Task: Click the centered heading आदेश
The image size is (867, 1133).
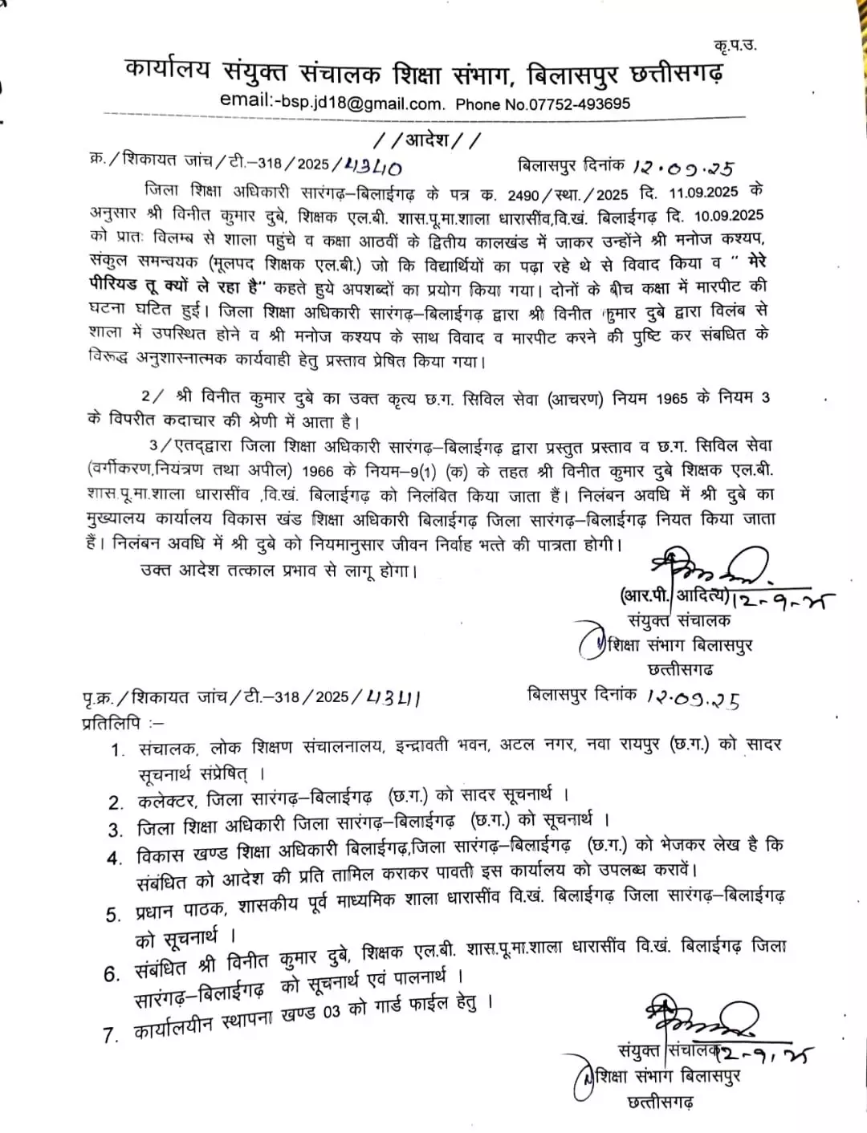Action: point(429,140)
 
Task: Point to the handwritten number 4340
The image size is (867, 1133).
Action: point(372,165)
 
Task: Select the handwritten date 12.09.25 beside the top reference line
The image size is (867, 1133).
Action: point(683,168)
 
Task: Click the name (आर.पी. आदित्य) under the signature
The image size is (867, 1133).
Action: point(675,595)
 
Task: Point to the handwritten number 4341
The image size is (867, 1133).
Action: point(393,697)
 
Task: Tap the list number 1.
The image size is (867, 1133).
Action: point(118,749)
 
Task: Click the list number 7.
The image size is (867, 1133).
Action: point(110,1036)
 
